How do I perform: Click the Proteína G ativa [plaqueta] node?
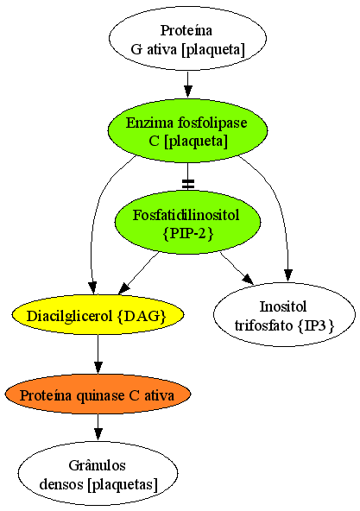187,39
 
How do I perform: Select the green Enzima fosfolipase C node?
188,131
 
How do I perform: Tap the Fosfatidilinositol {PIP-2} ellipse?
188,223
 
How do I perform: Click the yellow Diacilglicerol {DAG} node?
98,315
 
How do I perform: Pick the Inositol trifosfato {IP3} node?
284,315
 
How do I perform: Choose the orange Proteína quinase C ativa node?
98,394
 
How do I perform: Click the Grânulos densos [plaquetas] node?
98,474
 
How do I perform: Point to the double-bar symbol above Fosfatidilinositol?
188,184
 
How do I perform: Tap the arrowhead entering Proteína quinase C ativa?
98,368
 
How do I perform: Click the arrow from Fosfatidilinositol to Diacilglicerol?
139,273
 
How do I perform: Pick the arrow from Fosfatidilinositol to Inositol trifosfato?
237,268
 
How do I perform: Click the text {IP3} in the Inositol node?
316,325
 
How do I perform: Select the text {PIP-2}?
188,233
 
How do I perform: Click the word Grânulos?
98,464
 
